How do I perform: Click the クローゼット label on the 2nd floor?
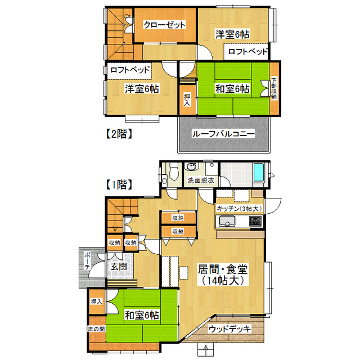pos(164,25)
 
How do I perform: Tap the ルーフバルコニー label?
pos(223,134)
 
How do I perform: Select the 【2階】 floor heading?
pos(119,134)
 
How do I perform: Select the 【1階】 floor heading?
pos(119,184)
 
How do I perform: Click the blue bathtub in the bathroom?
pos(258,172)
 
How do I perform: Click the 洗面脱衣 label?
pos(201,181)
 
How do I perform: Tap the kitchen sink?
pos(227,221)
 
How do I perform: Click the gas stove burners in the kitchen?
pos(255,221)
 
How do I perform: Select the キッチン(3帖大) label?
pos(239,209)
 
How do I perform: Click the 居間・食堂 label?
pos(223,269)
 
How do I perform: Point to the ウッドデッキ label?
pos(229,329)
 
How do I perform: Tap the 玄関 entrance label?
pos(119,267)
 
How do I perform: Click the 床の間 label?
pos(96,329)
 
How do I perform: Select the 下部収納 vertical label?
pos(274,89)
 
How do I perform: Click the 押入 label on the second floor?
pos(187,100)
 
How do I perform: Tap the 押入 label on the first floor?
pos(96,301)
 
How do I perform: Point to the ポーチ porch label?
pos(87,261)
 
